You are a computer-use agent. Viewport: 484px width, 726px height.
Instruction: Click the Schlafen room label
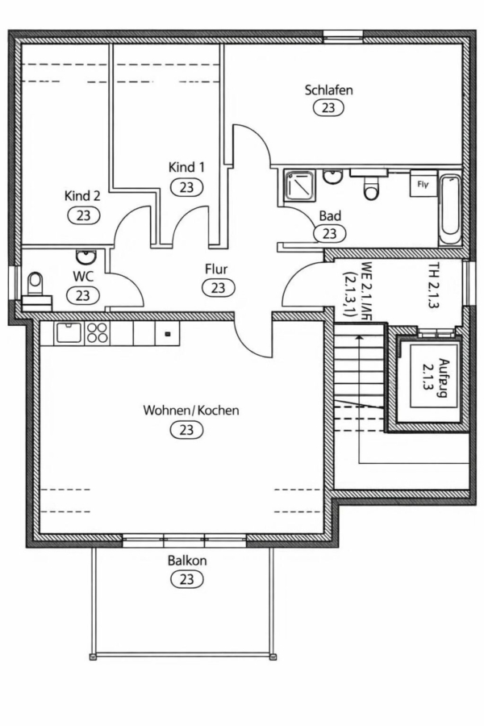pyautogui.click(x=328, y=90)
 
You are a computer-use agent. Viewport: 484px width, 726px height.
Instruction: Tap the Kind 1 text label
pyautogui.click(x=186, y=167)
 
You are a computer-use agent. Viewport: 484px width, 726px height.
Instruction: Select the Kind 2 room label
pyautogui.click(x=82, y=195)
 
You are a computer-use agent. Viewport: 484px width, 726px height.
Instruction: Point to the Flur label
pyautogui.click(x=217, y=269)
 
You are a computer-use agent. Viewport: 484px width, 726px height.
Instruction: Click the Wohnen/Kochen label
pyautogui.click(x=191, y=411)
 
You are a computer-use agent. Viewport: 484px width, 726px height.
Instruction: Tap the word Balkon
pyautogui.click(x=186, y=561)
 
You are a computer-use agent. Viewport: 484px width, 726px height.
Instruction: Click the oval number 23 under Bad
pyautogui.click(x=329, y=234)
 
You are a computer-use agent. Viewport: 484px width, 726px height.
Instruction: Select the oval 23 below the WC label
pyautogui.click(x=82, y=294)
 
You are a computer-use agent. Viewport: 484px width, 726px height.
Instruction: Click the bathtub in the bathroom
pyautogui.click(x=449, y=207)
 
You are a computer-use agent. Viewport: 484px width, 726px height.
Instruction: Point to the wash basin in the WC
pyautogui.click(x=86, y=257)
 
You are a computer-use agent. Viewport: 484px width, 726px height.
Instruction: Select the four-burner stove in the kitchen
pyautogui.click(x=97, y=332)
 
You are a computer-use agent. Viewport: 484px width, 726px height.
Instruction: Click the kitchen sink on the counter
pyautogui.click(x=66, y=332)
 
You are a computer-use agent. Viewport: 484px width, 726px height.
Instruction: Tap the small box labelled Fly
pyautogui.click(x=422, y=184)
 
